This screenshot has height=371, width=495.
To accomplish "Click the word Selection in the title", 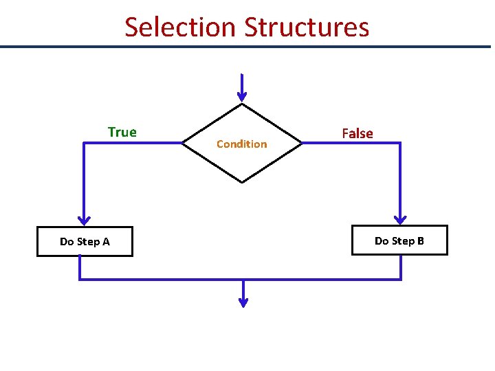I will coord(180,27).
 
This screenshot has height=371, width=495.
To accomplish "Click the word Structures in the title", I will coord(307,27).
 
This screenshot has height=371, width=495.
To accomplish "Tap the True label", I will coord(122,132).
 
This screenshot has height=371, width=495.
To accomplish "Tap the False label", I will coord(357,133).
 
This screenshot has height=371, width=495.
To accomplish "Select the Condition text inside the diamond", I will coord(241,144).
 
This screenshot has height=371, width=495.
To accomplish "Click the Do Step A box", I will coord(85,241).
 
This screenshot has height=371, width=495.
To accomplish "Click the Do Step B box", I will coord(399,240).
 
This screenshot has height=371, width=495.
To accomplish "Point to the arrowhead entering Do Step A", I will coord(84,219).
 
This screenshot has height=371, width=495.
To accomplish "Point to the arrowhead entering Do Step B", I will coord(400,218).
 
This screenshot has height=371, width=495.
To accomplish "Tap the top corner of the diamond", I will coord(241,104).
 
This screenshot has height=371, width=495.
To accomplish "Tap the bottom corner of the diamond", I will coord(241,182).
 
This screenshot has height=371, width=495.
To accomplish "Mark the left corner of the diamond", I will coord(181,143).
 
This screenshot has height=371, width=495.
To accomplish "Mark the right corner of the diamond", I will coord(302,143).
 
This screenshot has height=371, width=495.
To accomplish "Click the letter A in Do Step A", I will coord(106,242).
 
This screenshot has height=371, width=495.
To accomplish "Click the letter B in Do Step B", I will coord(420,240).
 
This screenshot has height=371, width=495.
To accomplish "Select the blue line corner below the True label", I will coord(84,143).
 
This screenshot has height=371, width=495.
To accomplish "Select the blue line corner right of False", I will coord(400,143).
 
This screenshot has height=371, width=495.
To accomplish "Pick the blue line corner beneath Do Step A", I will coord(80,279).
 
